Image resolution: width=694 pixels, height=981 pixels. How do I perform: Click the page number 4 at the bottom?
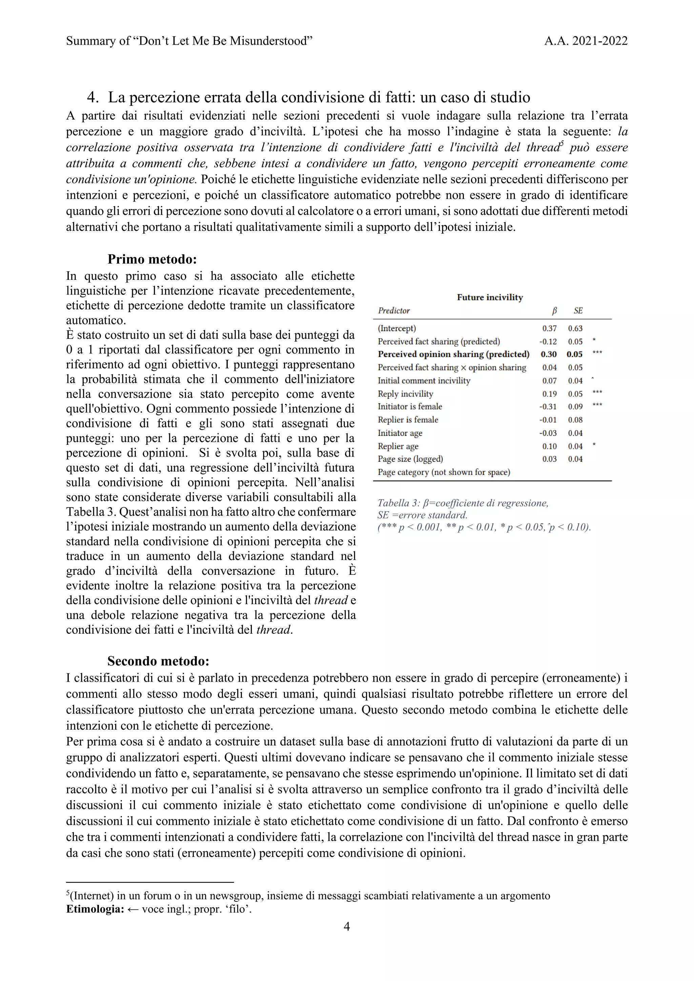pos(347,926)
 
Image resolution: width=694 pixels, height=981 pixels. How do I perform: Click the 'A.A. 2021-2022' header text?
pos(586,41)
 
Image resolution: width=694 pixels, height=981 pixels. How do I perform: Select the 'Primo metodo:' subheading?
pos(152,259)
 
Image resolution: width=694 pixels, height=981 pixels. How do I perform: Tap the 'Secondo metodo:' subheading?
pos(158,661)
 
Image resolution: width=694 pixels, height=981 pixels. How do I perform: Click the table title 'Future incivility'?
pos(490,297)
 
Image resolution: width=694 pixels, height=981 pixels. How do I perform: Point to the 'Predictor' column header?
pos(393,311)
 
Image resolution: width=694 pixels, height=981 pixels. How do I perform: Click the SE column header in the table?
pos(578,311)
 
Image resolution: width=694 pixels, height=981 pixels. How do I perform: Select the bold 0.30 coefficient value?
pos(548,354)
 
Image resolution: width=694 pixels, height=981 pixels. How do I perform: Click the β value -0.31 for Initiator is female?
pos(548,407)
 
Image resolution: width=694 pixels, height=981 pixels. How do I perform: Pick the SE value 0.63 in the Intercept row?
pos(575,329)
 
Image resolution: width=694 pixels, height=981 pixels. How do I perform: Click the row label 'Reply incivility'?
pos(405,394)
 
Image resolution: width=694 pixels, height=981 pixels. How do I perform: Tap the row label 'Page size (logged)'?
pos(410,459)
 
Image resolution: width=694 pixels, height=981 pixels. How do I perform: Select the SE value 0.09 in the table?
pos(575,407)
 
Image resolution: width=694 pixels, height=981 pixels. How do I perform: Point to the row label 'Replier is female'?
pos(408,420)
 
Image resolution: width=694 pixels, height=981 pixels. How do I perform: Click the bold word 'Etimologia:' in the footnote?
pos(95,909)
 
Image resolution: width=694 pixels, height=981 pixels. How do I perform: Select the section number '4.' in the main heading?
pos(93,98)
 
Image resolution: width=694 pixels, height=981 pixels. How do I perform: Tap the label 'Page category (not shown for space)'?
pos(444,472)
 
